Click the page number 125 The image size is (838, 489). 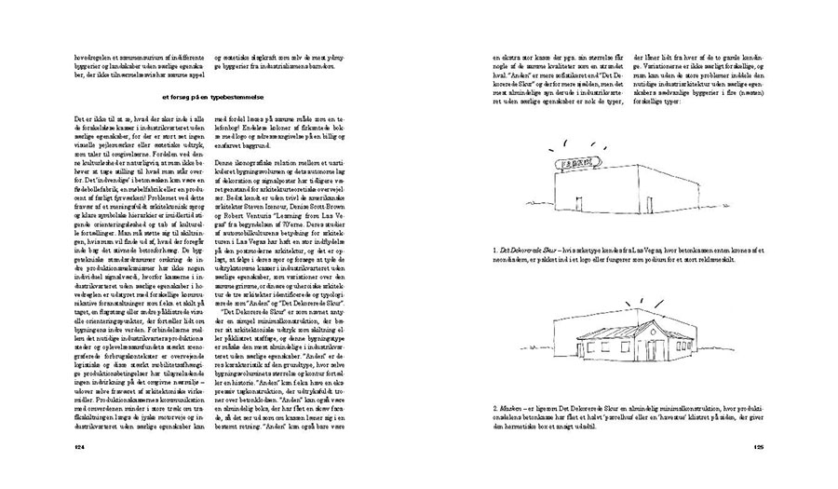758,448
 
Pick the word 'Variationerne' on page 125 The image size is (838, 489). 686,67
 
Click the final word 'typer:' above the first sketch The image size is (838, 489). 670,102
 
